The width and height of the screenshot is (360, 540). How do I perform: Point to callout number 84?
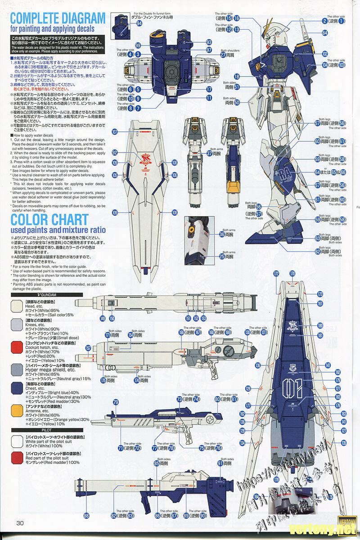click(x=324, y=33)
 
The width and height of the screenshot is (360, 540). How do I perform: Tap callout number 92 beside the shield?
click(x=115, y=152)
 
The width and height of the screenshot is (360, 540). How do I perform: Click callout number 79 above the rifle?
click(x=116, y=402)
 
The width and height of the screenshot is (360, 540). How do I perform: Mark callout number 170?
click(x=292, y=274)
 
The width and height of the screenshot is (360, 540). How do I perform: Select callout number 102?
click(x=324, y=54)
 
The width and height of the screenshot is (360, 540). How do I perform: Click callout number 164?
click(x=257, y=497)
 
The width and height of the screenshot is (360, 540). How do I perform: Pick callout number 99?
click(x=138, y=45)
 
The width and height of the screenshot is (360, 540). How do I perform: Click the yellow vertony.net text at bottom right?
click(x=330, y=528)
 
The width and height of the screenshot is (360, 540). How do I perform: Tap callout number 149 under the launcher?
click(x=103, y=318)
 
